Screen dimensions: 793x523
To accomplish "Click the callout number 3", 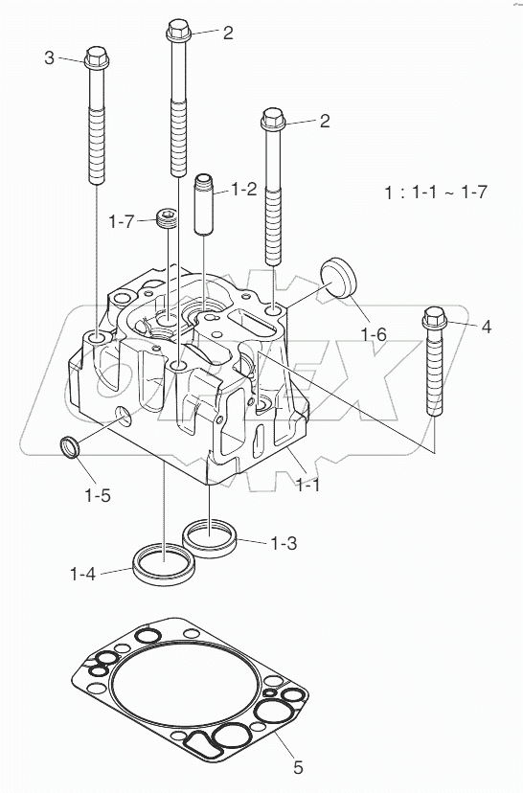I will [x=49, y=58].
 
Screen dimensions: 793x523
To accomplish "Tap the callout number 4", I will [x=486, y=328].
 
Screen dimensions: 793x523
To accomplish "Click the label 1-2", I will [x=243, y=190].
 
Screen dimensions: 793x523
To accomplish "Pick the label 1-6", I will [x=374, y=334].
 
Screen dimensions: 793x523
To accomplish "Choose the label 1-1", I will [x=307, y=486].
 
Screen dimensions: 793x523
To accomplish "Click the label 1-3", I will [x=284, y=543].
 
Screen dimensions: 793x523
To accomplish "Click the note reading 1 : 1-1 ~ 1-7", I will [x=436, y=192].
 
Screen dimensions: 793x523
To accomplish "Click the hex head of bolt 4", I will [x=432, y=320].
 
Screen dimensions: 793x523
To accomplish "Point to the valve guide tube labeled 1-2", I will [x=203, y=204].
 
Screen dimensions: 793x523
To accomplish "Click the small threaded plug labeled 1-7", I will [x=169, y=220].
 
